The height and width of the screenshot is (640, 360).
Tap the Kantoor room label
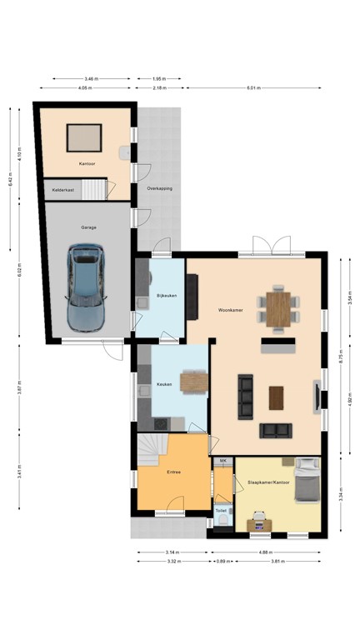[87, 163]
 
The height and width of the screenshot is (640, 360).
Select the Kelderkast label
[64, 190]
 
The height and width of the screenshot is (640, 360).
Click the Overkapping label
[159, 188]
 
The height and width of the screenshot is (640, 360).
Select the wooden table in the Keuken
[193, 382]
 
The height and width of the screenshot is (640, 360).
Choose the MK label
[222, 460]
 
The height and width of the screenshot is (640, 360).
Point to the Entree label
[174, 472]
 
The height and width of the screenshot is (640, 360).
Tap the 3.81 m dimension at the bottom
[279, 561]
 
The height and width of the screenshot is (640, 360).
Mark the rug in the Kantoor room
[84, 134]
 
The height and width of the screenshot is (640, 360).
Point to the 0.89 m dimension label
[222, 561]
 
